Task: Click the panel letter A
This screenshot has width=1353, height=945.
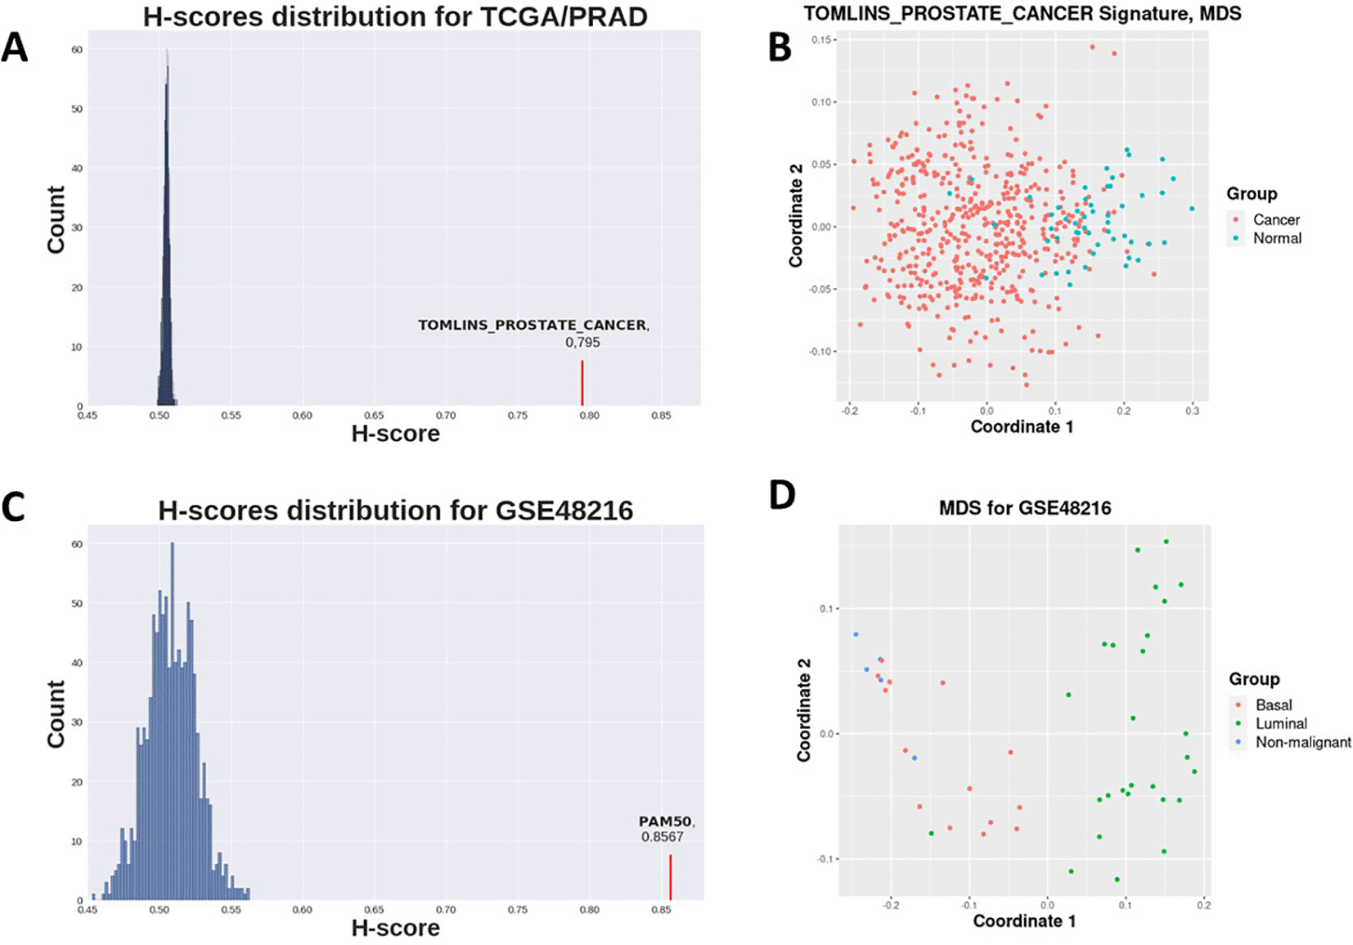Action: (x=15, y=47)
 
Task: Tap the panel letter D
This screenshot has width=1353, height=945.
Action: (x=782, y=495)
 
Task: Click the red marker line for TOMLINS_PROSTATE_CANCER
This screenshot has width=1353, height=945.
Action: (x=582, y=383)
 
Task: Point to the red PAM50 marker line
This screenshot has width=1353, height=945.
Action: (x=670, y=877)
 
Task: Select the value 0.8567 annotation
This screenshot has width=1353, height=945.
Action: (x=662, y=837)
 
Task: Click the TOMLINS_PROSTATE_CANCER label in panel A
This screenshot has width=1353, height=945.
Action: (x=533, y=326)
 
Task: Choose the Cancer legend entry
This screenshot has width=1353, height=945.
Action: (x=1275, y=220)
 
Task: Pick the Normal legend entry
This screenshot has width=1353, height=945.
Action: (x=1276, y=238)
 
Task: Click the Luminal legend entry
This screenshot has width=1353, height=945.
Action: (x=1280, y=723)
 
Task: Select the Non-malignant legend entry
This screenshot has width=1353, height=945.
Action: (x=1302, y=742)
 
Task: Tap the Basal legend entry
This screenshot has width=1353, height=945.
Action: (x=1273, y=704)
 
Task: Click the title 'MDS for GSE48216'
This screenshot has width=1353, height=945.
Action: (x=1025, y=508)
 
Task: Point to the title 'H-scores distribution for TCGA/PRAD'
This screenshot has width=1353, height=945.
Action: (x=395, y=16)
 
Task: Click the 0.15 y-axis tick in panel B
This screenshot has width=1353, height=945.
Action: (x=822, y=40)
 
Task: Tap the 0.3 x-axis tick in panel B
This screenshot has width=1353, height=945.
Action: (x=1192, y=411)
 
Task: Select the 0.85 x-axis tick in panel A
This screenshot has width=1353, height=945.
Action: (x=661, y=416)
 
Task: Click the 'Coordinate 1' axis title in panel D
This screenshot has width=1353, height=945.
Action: (x=1024, y=921)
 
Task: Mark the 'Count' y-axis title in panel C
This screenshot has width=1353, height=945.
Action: (x=56, y=713)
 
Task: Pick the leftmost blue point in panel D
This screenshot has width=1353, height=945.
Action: (x=856, y=634)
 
